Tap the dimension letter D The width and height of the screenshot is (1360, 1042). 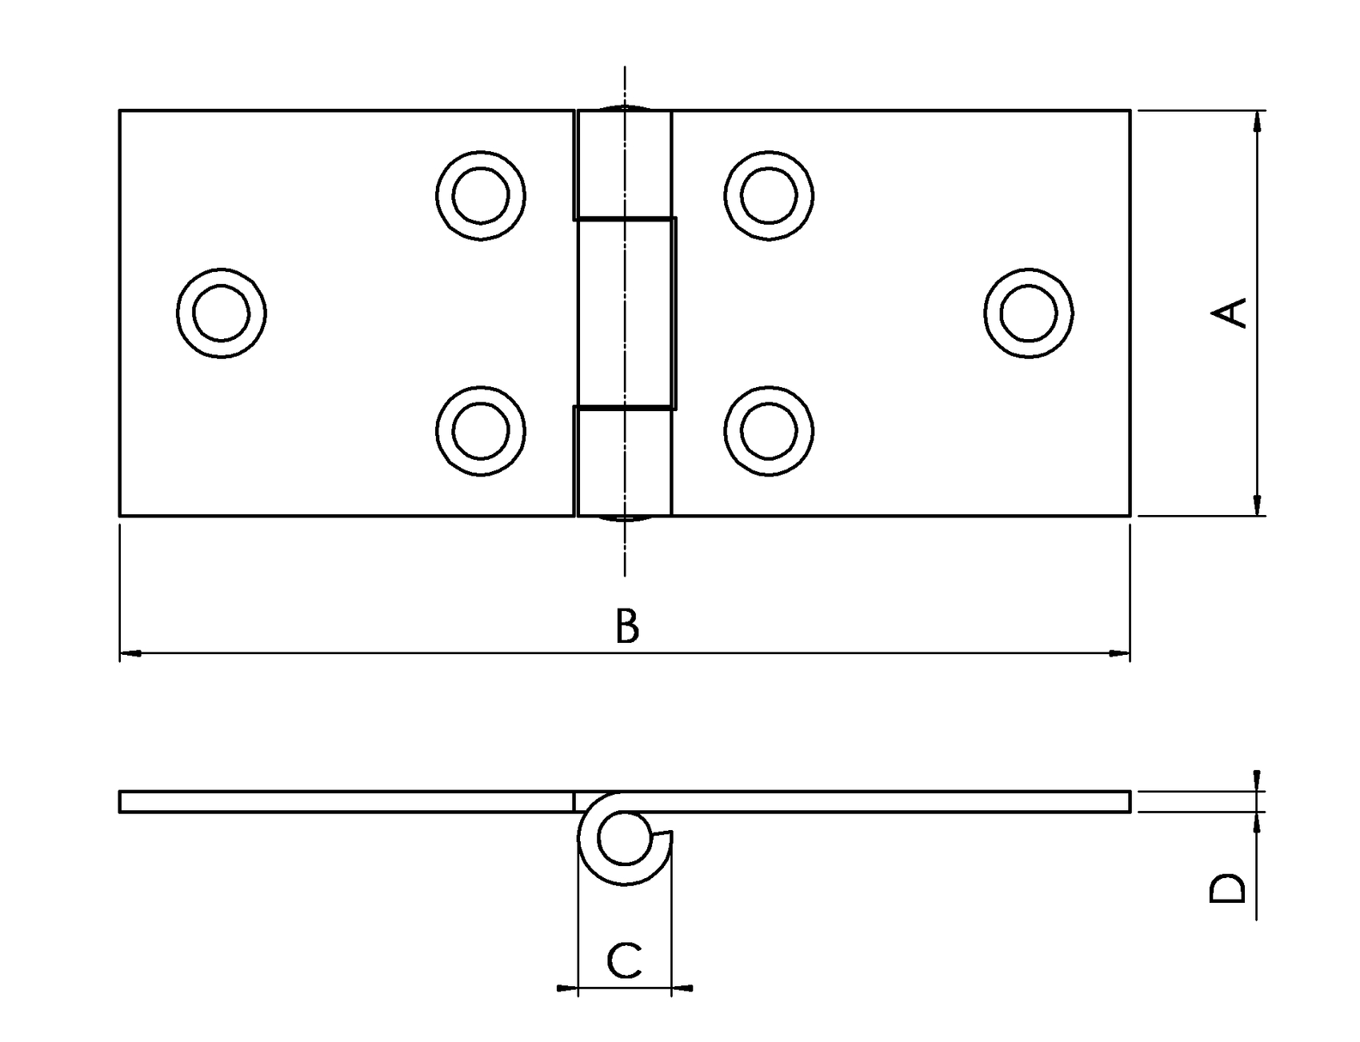click(1228, 888)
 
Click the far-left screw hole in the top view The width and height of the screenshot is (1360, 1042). click(222, 313)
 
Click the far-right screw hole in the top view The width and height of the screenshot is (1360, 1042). click(1028, 313)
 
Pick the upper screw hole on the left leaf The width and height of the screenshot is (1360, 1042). click(481, 194)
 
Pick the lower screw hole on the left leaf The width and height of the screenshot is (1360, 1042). click(481, 431)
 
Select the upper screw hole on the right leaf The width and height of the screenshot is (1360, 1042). click(769, 194)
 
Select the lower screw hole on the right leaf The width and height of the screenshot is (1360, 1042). click(769, 431)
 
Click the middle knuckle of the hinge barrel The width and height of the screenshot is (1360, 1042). click(626, 313)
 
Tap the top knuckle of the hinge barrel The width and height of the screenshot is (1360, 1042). click(624, 164)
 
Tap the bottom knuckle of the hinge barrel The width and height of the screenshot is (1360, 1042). click(624, 461)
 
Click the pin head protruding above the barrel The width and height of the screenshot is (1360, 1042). click(625, 106)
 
